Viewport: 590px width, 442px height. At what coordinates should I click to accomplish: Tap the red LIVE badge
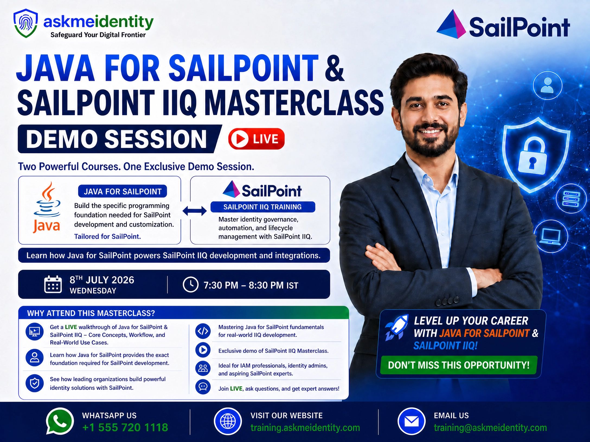pyautogui.click(x=256, y=139)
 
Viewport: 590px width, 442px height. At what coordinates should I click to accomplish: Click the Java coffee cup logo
pyautogui.click(x=47, y=207)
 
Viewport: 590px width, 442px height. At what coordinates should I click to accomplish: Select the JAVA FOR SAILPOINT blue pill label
pyautogui.click(x=123, y=191)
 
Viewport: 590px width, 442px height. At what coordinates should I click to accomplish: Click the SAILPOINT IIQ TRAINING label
pyautogui.click(x=262, y=207)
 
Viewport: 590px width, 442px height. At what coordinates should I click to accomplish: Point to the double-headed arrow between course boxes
pyautogui.click(x=194, y=211)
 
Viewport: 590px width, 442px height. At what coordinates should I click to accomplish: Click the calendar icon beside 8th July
pyautogui.click(x=53, y=284)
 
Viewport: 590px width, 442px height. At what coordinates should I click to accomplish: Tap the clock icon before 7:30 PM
pyautogui.click(x=190, y=285)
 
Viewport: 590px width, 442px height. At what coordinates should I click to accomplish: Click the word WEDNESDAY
pyautogui.click(x=93, y=291)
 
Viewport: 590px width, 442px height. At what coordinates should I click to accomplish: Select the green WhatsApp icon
pyautogui.click(x=60, y=421)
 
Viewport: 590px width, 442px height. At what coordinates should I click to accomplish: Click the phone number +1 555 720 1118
pyautogui.click(x=125, y=428)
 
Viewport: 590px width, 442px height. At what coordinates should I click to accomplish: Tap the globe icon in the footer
pyautogui.click(x=228, y=421)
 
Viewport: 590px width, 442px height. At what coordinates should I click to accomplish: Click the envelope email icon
pyautogui.click(x=411, y=421)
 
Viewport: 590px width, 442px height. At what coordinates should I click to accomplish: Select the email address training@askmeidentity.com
pyautogui.click(x=490, y=428)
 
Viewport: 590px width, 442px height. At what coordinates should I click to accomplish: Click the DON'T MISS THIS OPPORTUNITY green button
pyautogui.click(x=458, y=365)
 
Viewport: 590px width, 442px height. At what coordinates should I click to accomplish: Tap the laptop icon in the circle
pyautogui.click(x=550, y=236)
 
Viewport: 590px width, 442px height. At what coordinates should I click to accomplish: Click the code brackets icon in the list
pyautogui.click(x=203, y=331)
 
